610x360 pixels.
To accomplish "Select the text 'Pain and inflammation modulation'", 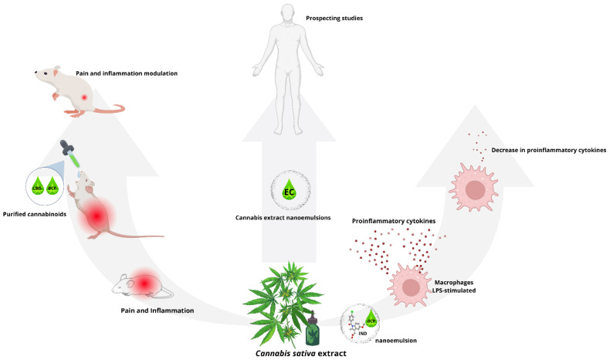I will (127, 73).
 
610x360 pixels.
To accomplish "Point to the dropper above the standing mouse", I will (72, 154).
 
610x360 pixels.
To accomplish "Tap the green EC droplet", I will (289, 189).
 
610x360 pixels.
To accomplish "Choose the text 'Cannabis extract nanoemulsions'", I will (289, 219).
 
